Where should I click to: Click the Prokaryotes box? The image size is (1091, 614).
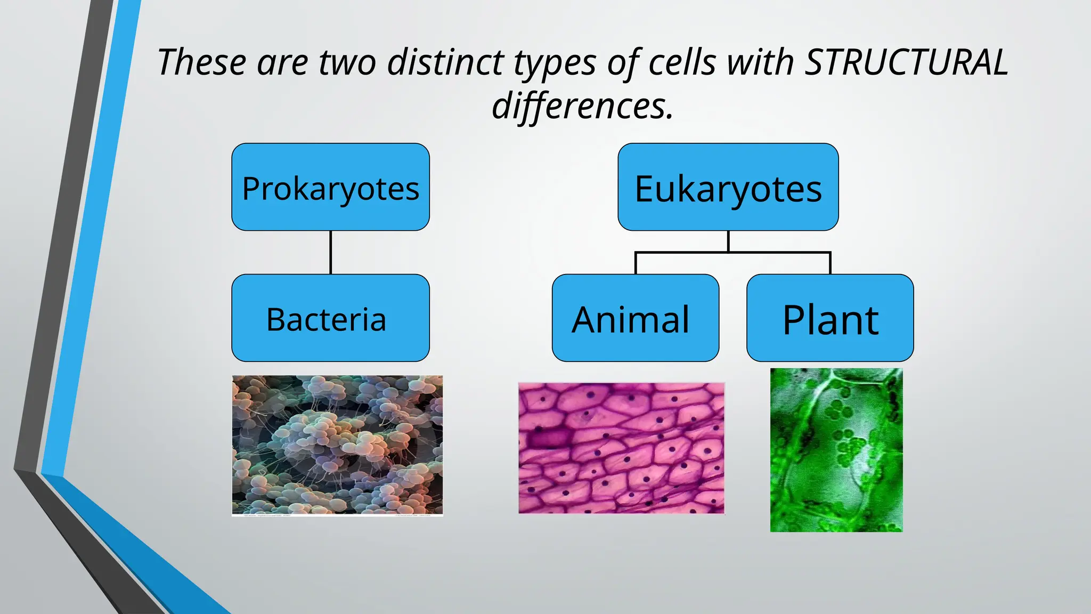point(330,187)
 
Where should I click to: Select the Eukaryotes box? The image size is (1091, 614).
point(728,187)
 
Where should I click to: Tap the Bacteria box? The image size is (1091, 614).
point(330,318)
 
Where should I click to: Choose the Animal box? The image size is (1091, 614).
point(635,318)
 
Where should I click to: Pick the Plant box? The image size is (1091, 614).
point(830,318)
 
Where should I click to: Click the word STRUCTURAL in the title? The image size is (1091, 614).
point(906,62)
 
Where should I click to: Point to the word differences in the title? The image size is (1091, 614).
point(582,106)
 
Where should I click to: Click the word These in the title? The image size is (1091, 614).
point(202,62)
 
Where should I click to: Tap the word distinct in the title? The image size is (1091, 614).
point(445,62)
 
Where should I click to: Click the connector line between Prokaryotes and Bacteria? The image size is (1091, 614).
point(331,253)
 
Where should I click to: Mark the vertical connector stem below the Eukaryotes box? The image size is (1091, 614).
point(728,241)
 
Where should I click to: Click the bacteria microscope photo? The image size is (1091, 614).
point(337,445)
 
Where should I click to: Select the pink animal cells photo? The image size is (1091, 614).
point(621,448)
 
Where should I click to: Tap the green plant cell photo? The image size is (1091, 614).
point(836,450)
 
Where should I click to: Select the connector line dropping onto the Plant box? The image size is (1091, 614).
point(830,263)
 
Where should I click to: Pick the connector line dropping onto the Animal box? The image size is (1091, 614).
point(636,263)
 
